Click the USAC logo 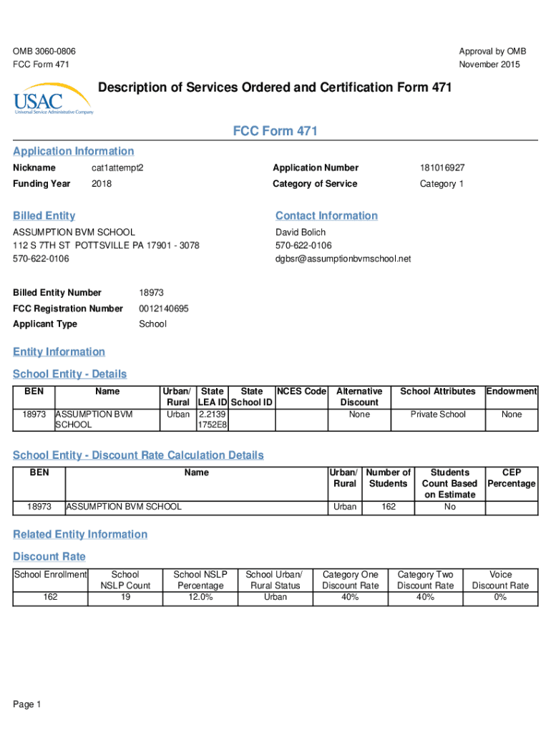(x=52, y=98)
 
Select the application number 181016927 (x=442, y=168)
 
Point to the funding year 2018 (x=102, y=184)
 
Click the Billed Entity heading (x=44, y=215)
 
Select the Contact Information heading (x=326, y=215)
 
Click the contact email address (x=343, y=258)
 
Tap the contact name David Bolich (x=301, y=232)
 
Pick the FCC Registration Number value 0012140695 (x=164, y=309)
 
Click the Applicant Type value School (x=152, y=324)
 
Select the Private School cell (x=438, y=414)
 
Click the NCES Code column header (x=301, y=392)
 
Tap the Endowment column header (x=512, y=392)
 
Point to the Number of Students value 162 (x=389, y=507)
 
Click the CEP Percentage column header (x=512, y=478)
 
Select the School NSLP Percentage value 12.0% (x=200, y=597)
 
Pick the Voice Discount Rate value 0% (x=500, y=597)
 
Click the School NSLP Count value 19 (x=125, y=597)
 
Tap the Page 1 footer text (x=27, y=705)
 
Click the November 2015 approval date (x=490, y=65)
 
